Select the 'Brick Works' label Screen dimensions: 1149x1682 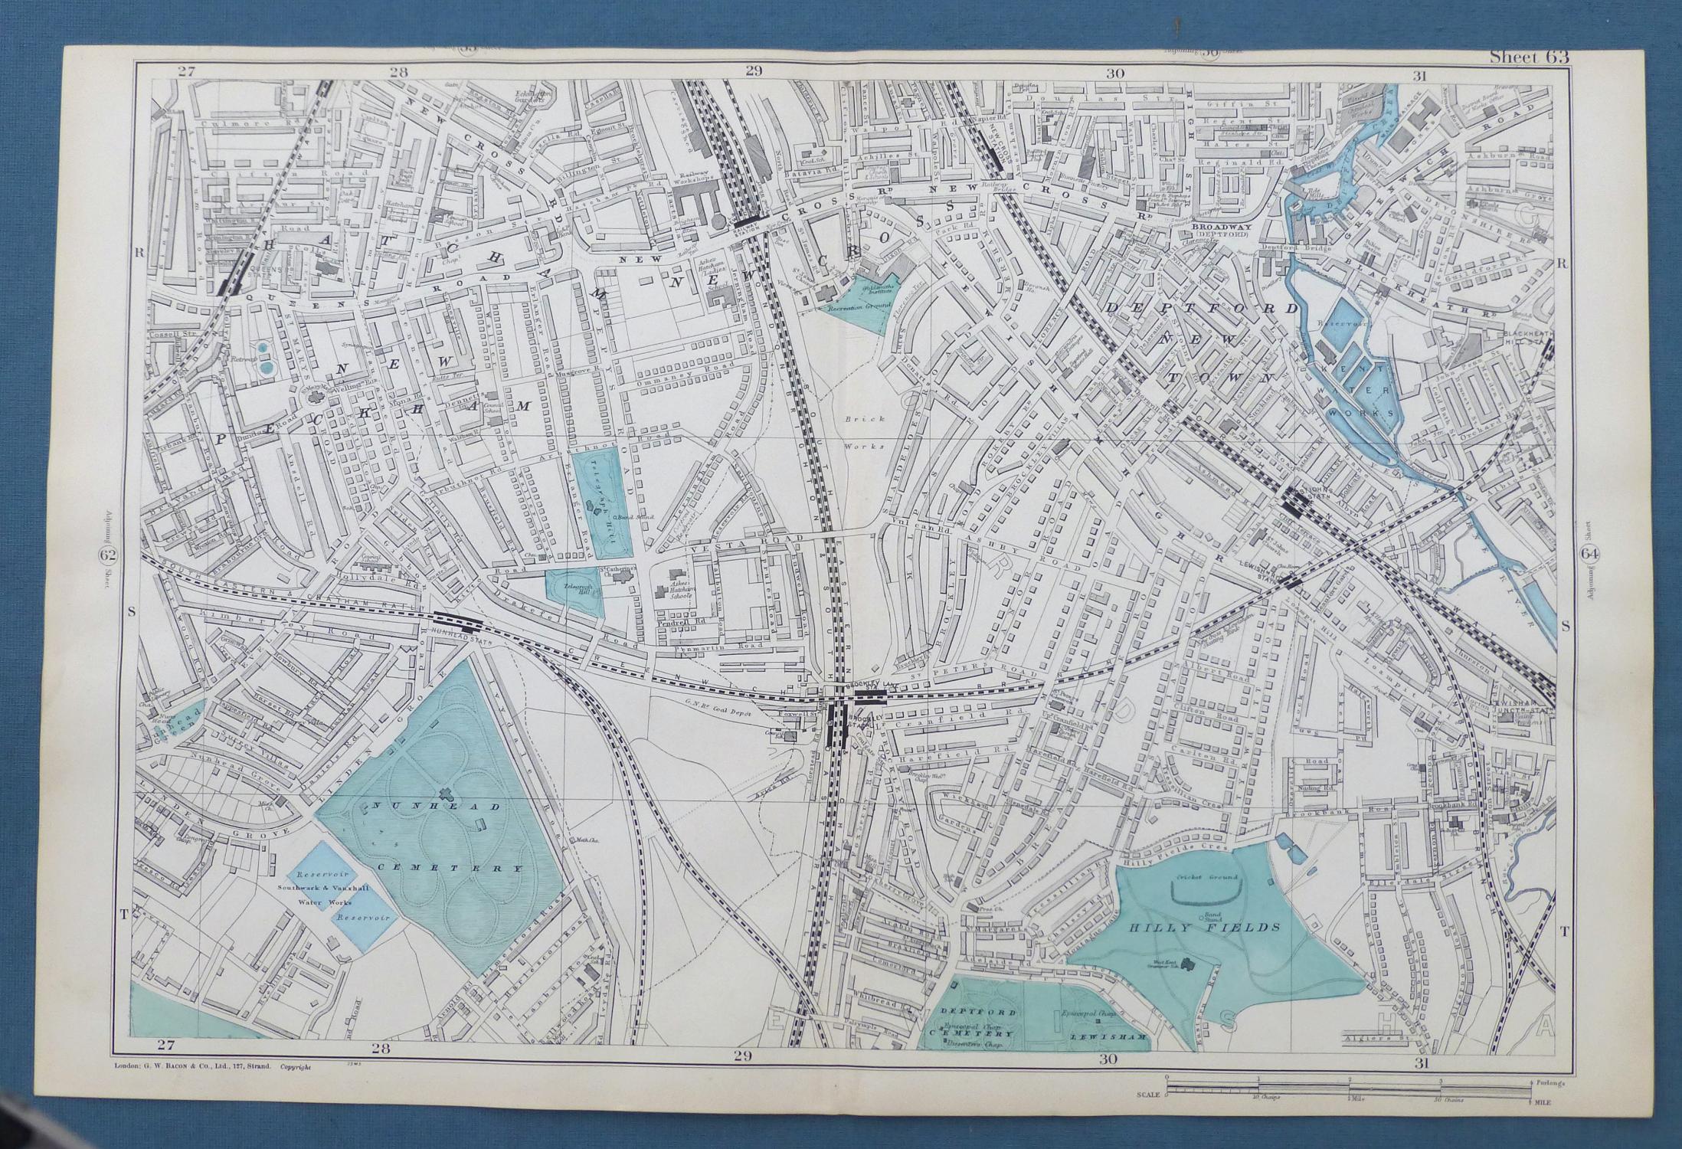coord(865,432)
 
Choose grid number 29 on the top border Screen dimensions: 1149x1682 coord(754,72)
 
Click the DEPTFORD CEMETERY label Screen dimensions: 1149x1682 coord(969,1023)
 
